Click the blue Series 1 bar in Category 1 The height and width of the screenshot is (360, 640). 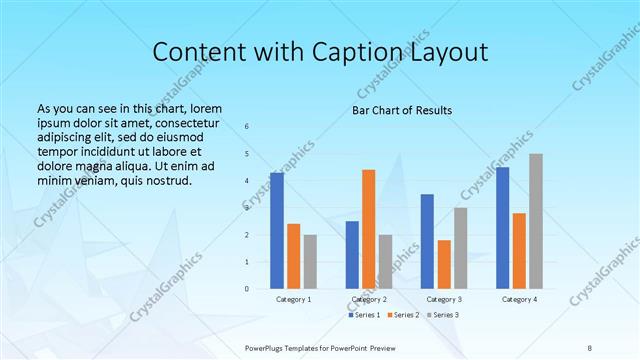pos(277,231)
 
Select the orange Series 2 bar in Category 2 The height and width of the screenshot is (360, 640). pos(369,229)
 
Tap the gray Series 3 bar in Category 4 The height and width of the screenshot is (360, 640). pos(536,221)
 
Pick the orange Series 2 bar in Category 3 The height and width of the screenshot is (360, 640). pos(444,264)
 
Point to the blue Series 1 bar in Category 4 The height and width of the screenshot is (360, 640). pos(502,228)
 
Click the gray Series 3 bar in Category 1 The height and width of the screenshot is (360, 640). pos(310,262)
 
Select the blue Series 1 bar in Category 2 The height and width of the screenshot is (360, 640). pos(352,255)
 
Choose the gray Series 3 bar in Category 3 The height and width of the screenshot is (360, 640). pos(461,248)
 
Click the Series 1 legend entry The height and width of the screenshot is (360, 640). pos(364,315)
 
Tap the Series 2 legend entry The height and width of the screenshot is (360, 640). pos(405,315)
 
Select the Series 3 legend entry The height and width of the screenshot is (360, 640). pos(446,315)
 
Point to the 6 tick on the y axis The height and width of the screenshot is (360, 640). pos(247,126)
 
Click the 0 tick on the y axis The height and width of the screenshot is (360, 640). pos(247,289)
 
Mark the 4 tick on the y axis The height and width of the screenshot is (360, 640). pos(247,181)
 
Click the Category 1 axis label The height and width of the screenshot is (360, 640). pos(293,299)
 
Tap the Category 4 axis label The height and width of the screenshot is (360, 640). pos(518,299)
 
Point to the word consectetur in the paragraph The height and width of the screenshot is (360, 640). pos(185,121)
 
